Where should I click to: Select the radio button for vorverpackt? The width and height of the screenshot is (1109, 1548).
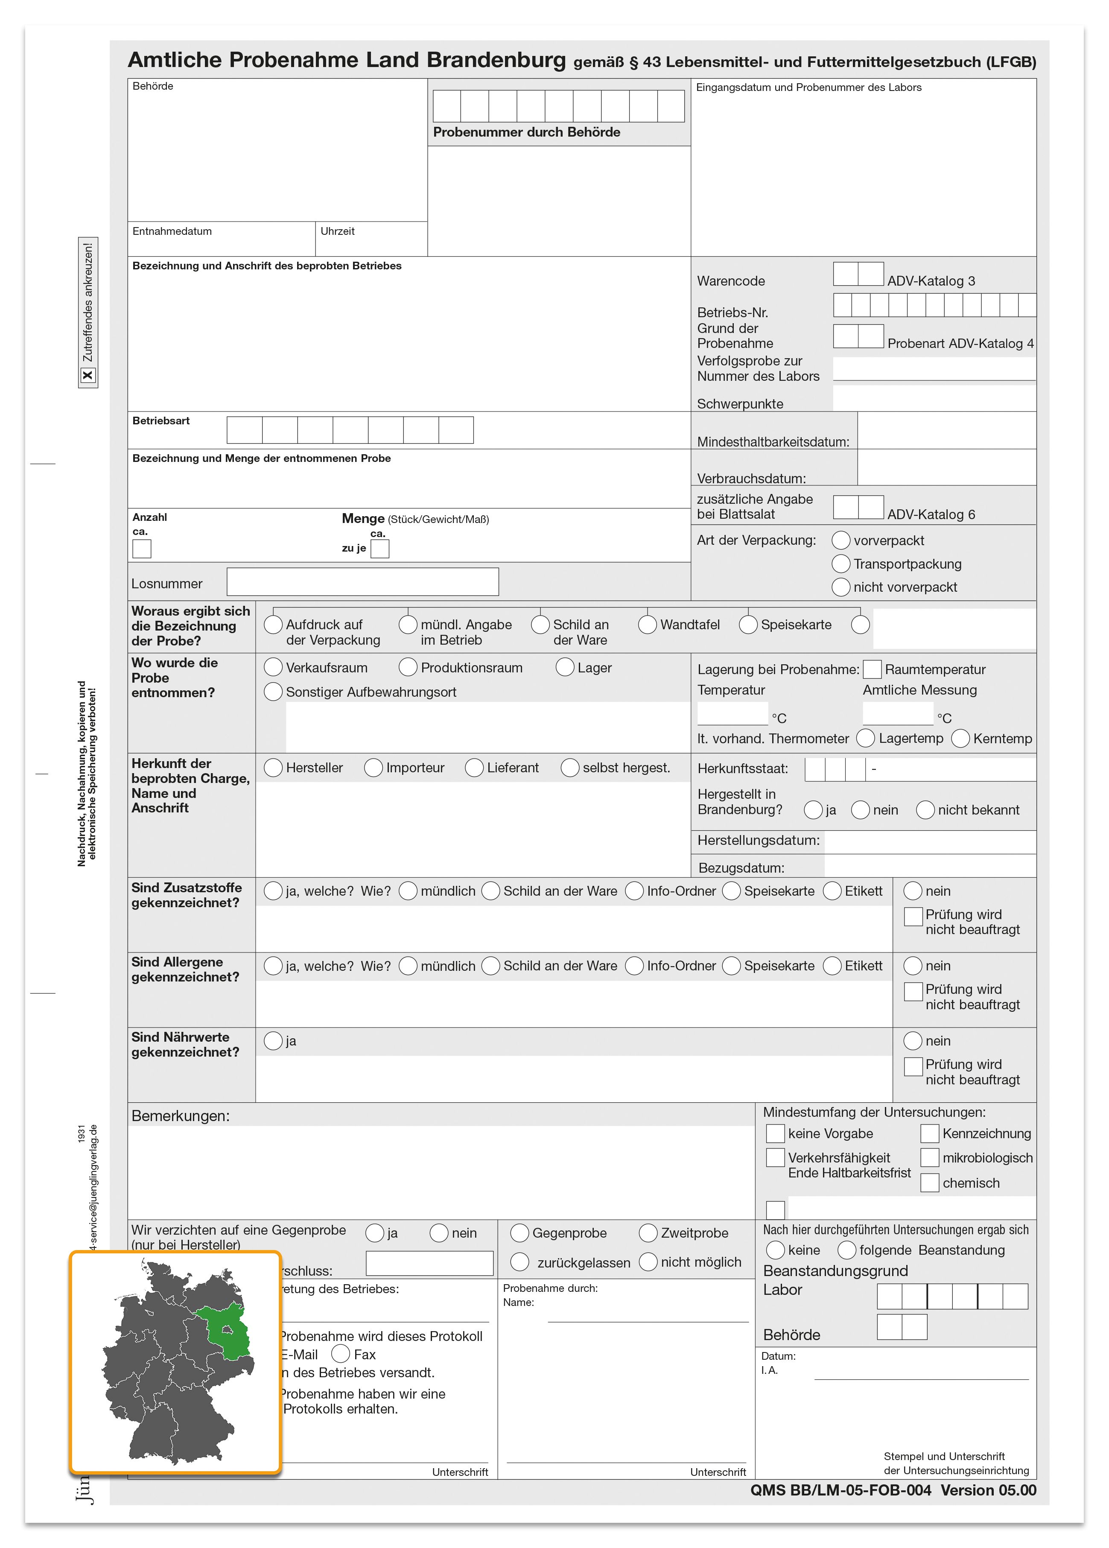click(841, 540)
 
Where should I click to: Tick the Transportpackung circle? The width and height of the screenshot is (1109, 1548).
click(841, 564)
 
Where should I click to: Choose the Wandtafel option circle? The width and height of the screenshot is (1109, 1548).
click(648, 625)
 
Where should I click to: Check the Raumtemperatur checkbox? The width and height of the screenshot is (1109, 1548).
click(872, 669)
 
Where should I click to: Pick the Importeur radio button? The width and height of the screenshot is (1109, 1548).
click(374, 768)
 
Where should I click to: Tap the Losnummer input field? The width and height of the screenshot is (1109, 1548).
click(362, 581)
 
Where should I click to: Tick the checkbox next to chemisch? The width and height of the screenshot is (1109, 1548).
click(930, 1183)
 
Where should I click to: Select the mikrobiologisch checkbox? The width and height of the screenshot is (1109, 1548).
click(930, 1158)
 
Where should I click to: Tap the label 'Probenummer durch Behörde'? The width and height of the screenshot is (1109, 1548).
click(526, 132)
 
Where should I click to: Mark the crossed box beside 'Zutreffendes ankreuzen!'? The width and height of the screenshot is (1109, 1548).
click(88, 375)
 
